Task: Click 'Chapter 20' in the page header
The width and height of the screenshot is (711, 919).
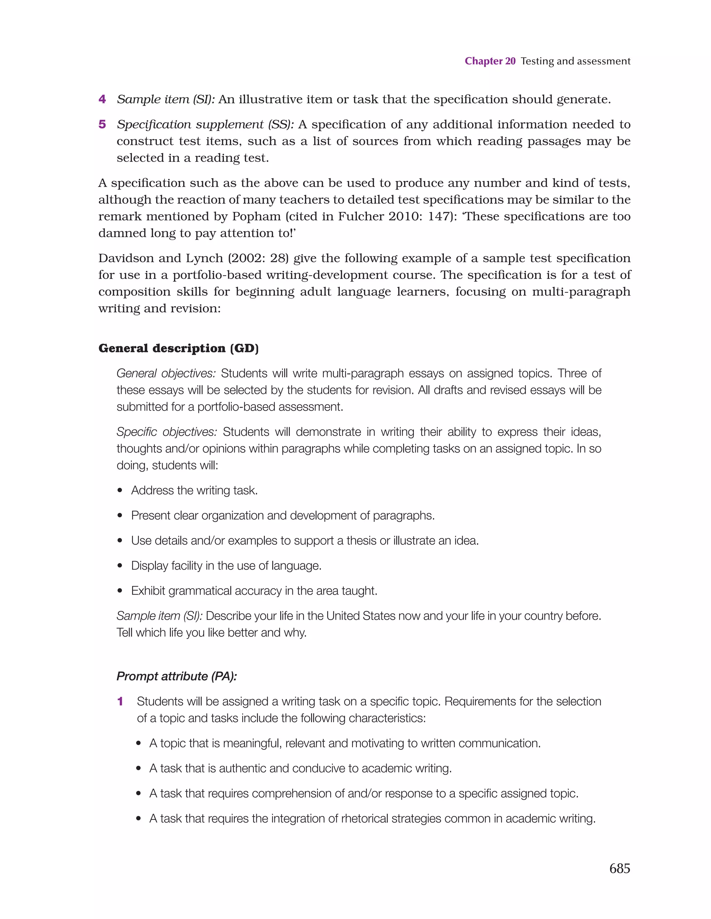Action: (x=490, y=61)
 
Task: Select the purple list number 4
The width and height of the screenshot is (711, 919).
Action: (x=102, y=99)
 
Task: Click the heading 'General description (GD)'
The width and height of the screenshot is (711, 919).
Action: (x=178, y=348)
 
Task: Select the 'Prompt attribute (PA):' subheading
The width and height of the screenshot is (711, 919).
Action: (x=177, y=676)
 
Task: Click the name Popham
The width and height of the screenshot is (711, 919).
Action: (x=256, y=216)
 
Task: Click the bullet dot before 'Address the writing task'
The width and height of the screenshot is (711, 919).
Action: (x=120, y=491)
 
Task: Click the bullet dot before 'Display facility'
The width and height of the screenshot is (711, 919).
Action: (x=120, y=566)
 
